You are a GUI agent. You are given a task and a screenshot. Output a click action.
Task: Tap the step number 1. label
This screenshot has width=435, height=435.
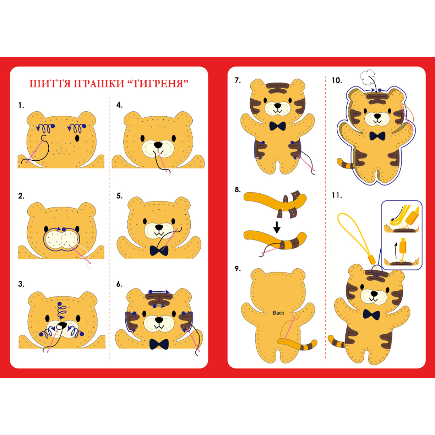21,106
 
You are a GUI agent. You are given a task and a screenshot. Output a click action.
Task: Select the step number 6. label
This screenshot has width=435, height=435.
119,284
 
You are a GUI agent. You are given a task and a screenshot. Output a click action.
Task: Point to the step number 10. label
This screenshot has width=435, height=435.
336,81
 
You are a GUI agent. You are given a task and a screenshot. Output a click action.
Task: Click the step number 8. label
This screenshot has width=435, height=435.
238,190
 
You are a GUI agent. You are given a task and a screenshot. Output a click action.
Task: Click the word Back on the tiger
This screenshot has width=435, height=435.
278,313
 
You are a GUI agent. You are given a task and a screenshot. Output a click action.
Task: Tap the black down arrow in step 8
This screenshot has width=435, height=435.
277,227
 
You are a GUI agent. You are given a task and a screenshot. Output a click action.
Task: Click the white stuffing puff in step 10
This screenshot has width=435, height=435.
368,77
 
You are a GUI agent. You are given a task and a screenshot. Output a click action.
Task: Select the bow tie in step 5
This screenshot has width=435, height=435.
159,251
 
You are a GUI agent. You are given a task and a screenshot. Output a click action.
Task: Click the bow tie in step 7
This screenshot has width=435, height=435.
278,126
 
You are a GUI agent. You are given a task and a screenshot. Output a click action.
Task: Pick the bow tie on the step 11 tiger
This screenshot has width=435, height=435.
371,315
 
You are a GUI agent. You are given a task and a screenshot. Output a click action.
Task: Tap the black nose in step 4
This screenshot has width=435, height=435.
158,145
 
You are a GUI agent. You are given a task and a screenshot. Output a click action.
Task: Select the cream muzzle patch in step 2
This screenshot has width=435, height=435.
62,239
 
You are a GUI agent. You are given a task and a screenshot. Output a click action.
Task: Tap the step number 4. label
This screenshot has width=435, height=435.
119,105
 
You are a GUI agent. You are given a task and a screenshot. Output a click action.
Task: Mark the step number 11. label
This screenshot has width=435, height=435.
336,195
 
